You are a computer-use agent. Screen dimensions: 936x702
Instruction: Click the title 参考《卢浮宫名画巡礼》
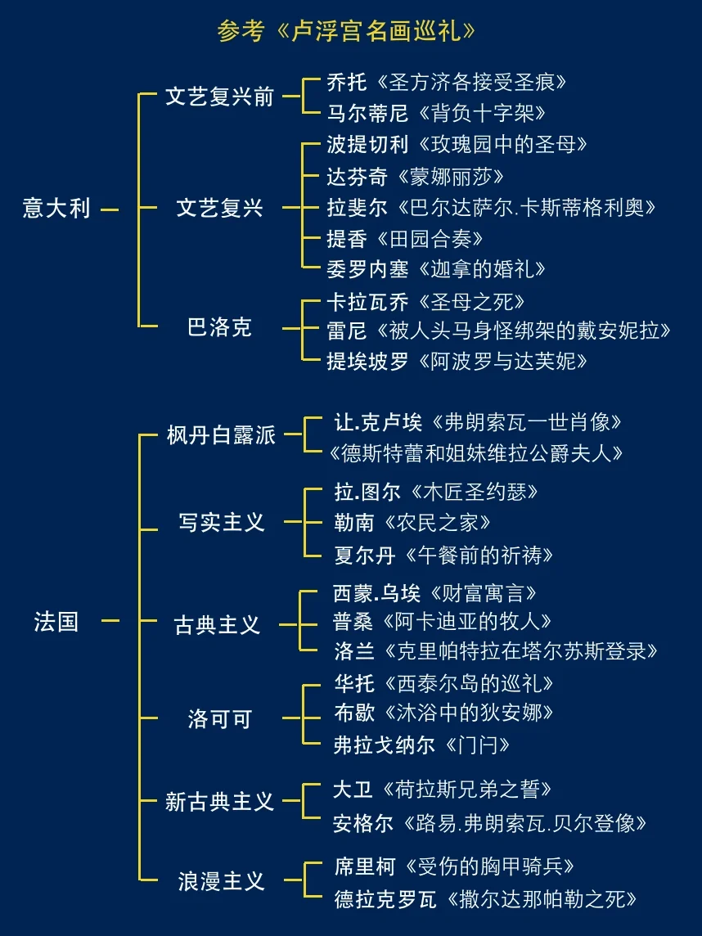tap(346, 31)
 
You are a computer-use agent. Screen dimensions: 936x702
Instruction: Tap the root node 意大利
tap(56, 209)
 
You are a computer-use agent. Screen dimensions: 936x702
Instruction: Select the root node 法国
tap(56, 622)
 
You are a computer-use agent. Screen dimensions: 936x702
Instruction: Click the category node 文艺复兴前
tap(219, 97)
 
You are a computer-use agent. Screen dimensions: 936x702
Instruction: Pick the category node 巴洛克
tap(219, 328)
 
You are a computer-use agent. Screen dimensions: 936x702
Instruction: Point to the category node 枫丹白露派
tap(221, 435)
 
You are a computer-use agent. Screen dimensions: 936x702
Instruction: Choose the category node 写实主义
tap(221, 522)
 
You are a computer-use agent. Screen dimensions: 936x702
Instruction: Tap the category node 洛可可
tap(219, 719)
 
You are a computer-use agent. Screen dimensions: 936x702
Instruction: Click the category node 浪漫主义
tap(221, 881)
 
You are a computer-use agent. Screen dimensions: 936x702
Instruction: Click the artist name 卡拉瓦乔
tap(367, 302)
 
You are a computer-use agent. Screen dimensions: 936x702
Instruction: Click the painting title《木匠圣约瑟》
tap(474, 493)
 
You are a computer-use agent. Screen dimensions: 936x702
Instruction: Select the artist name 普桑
tap(353, 621)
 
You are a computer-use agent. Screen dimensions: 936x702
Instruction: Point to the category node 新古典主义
tap(219, 802)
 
